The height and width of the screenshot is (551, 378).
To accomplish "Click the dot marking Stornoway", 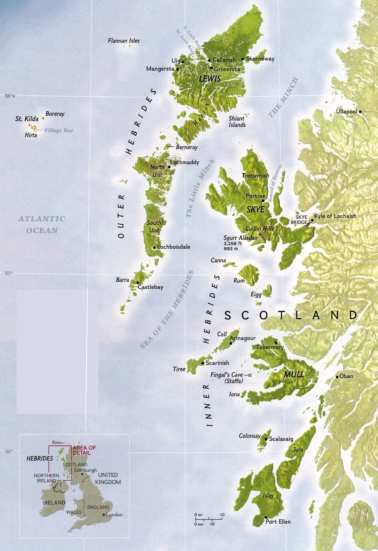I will [243, 59].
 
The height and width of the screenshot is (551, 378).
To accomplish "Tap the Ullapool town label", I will [346, 112].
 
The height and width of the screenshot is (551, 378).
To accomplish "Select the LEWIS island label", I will [210, 79].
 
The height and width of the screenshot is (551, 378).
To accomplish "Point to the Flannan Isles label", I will [123, 41].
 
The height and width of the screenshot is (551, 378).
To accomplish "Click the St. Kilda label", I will [27, 119].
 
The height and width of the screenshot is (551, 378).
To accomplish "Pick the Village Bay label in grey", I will [58, 130].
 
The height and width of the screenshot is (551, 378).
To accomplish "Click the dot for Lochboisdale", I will [154, 248].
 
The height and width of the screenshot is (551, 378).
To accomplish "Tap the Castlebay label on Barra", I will [150, 287].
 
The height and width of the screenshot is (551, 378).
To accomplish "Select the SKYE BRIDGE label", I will [301, 220].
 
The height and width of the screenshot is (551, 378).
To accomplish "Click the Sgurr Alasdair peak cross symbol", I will [260, 235].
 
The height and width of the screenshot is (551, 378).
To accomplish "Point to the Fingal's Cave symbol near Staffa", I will [249, 375].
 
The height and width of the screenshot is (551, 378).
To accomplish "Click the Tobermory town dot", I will [276, 343].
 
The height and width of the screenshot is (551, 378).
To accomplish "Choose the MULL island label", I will [294, 374].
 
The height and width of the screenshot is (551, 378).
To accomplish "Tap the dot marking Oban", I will [337, 377].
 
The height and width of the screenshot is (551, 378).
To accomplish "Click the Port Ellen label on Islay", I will [278, 522].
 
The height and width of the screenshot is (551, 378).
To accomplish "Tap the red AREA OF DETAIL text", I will [84, 450].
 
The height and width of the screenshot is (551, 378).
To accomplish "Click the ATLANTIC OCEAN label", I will [42, 224].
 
